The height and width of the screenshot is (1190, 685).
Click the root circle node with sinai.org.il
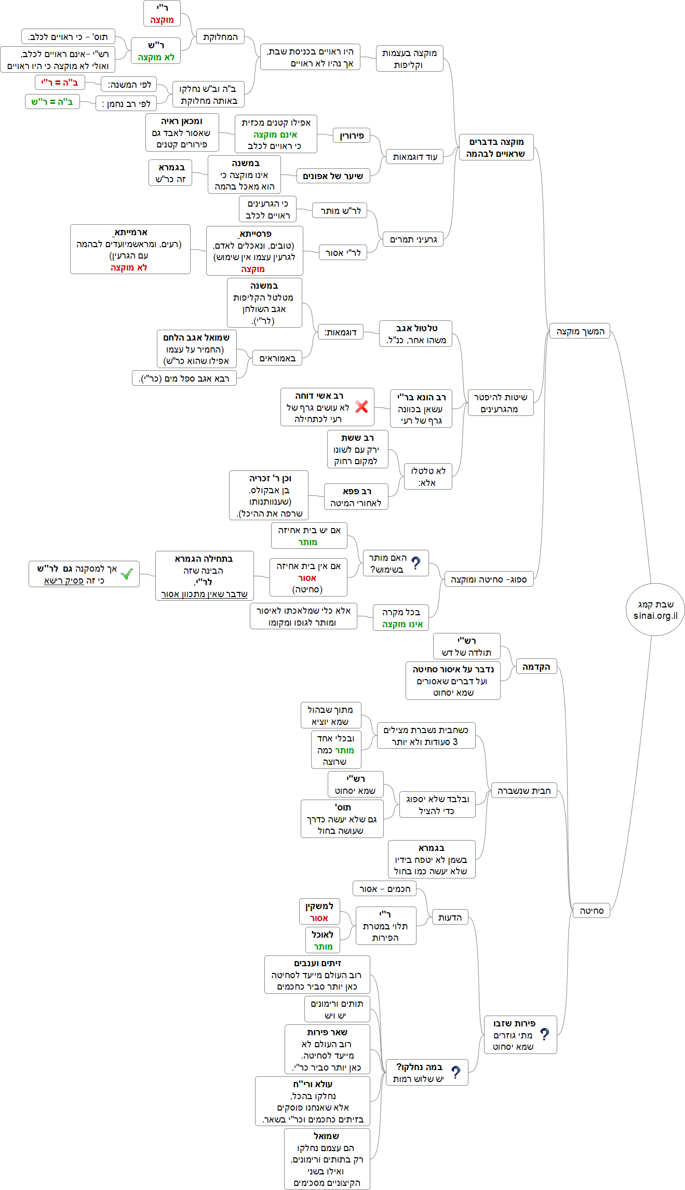tap(655, 610)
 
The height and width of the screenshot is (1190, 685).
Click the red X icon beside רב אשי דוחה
tap(362, 407)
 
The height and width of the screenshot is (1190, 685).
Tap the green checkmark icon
tap(126, 574)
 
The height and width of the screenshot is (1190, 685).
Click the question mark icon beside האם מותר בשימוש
tap(416, 563)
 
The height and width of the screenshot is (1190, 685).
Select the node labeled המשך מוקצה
tap(580, 331)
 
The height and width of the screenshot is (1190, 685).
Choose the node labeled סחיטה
tap(591, 911)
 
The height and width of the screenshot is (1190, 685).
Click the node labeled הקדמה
tap(536, 666)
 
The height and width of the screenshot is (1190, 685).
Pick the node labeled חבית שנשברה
tap(523, 791)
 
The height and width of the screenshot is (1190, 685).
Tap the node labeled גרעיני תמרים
tap(413, 239)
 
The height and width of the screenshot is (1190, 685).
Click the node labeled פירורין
tap(352, 136)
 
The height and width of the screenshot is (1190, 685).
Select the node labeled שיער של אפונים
tap(333, 176)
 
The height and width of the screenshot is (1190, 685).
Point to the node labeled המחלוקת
tap(220, 37)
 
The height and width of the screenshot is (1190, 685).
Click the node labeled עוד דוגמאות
tap(414, 156)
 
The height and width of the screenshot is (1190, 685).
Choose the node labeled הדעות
tap(450, 917)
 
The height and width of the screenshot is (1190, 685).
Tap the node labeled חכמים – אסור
tap(384, 889)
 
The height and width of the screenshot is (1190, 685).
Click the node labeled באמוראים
tap(277, 358)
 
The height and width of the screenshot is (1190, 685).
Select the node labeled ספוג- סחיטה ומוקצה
tap(489, 579)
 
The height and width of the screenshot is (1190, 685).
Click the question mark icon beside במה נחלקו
tap(455, 1072)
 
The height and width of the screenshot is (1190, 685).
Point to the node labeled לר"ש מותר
tap(340, 210)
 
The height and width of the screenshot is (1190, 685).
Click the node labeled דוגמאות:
tap(340, 332)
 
